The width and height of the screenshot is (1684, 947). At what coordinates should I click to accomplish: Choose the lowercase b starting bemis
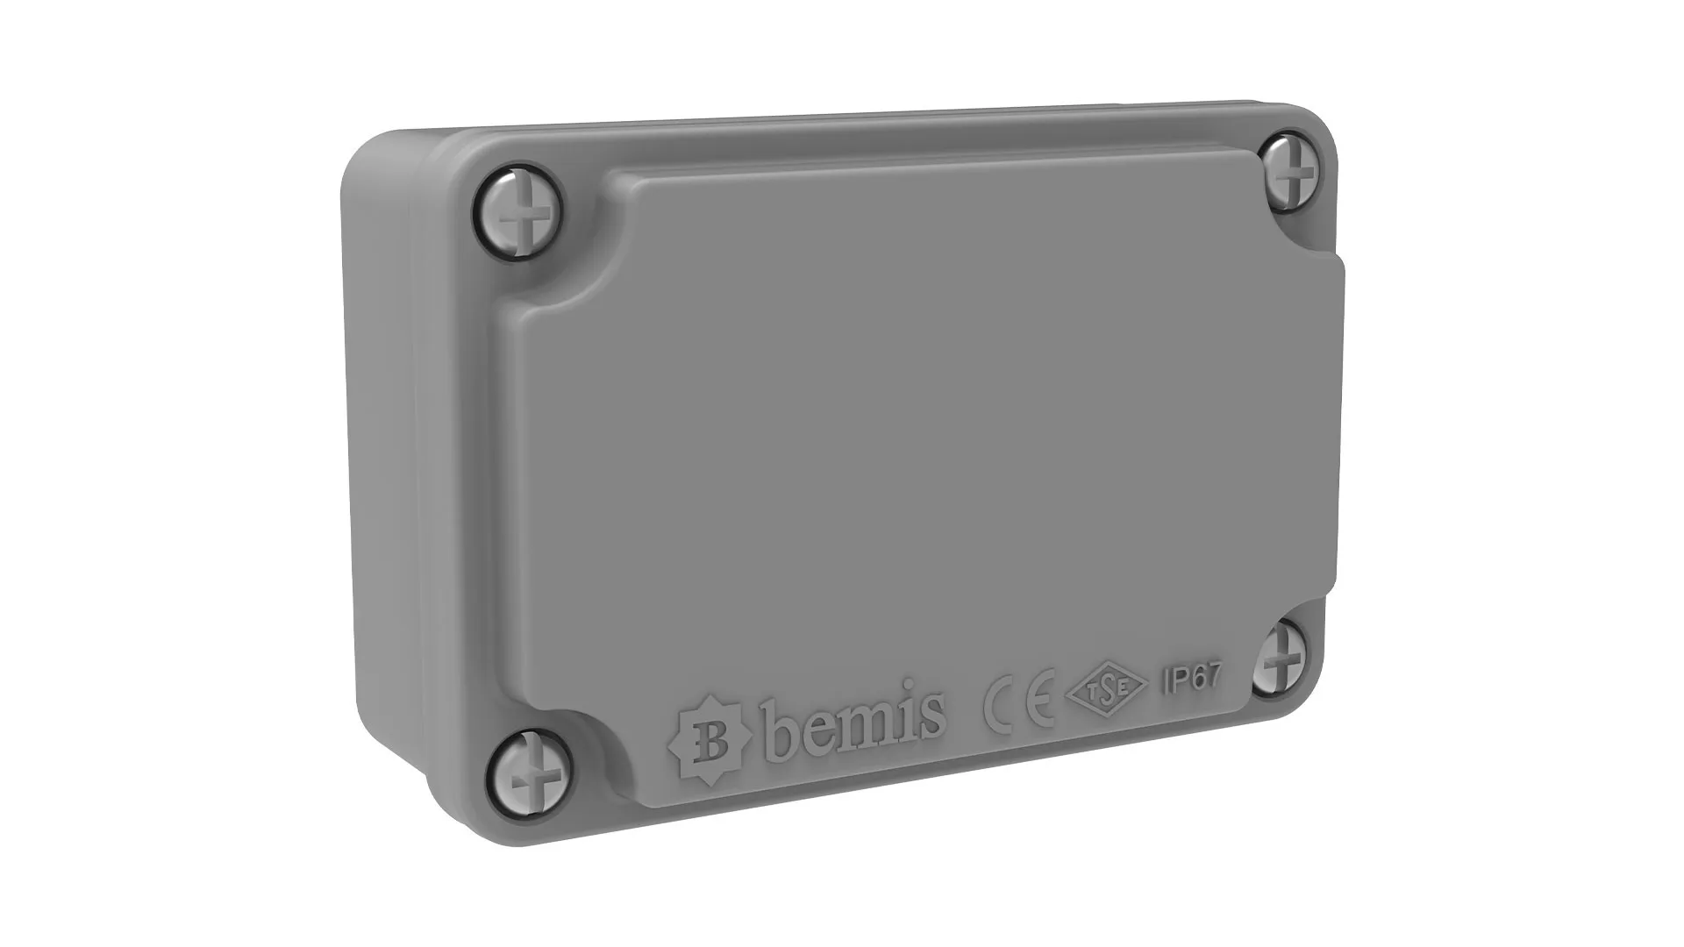tap(783, 739)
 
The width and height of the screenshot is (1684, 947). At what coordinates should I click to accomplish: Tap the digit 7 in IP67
tap(1213, 676)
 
